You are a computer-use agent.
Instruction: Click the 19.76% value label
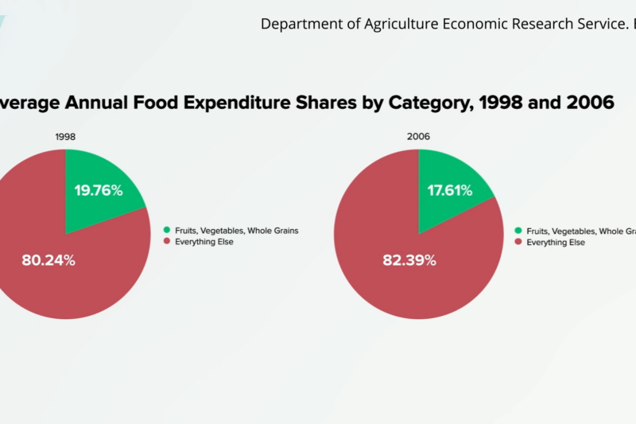pyautogui.click(x=99, y=190)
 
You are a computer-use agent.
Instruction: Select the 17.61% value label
pyautogui.click(x=450, y=190)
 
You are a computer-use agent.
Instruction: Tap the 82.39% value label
pyautogui.click(x=409, y=260)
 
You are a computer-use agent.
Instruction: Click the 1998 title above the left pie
pyautogui.click(x=66, y=137)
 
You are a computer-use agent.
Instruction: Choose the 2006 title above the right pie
pyautogui.click(x=419, y=137)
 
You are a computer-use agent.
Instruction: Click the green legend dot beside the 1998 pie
pyautogui.click(x=167, y=231)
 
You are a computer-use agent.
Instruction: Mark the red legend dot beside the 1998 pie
pyautogui.click(x=167, y=241)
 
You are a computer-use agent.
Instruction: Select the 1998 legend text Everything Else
pyautogui.click(x=204, y=241)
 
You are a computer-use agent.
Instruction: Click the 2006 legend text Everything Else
pyautogui.click(x=556, y=242)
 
